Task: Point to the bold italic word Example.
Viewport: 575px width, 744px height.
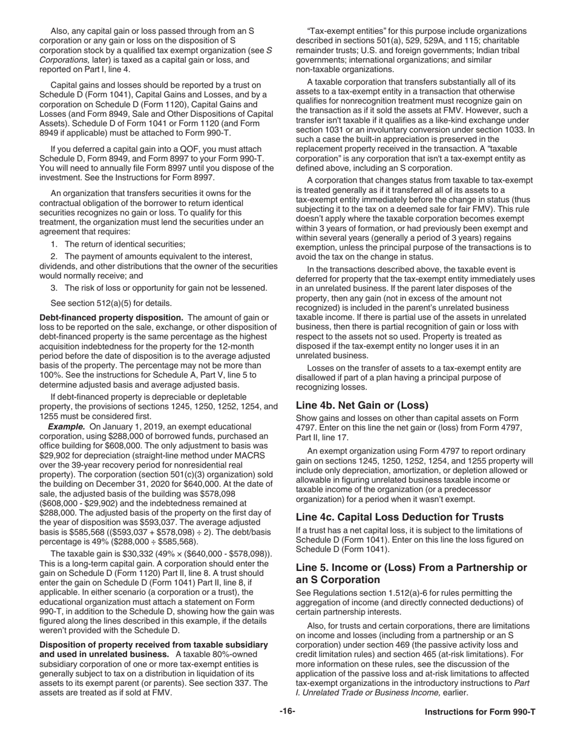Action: click(x=67, y=426)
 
